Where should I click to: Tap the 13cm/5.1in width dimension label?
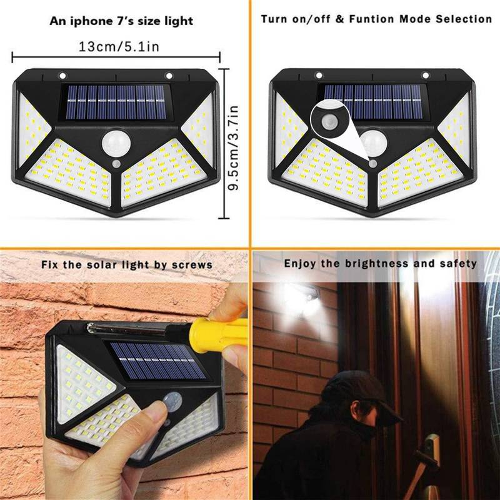pyautogui.click(x=119, y=46)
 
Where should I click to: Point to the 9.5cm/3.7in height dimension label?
pyautogui.click(x=233, y=147)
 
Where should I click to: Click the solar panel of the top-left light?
pyautogui.click(x=116, y=102)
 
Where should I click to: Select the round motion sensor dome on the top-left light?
pyautogui.click(x=116, y=144)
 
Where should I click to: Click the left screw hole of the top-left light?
pyautogui.click(x=62, y=76)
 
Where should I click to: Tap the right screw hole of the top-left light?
pyautogui.click(x=169, y=76)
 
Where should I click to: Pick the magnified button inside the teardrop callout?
pyautogui.click(x=329, y=121)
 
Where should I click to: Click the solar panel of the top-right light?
pyautogui.click(x=373, y=102)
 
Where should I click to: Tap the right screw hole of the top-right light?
pyautogui.click(x=425, y=76)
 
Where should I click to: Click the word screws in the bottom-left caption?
pyautogui.click(x=192, y=265)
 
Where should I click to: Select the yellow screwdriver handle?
pyautogui.click(x=217, y=334)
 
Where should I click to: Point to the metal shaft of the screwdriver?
pyautogui.click(x=134, y=329)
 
